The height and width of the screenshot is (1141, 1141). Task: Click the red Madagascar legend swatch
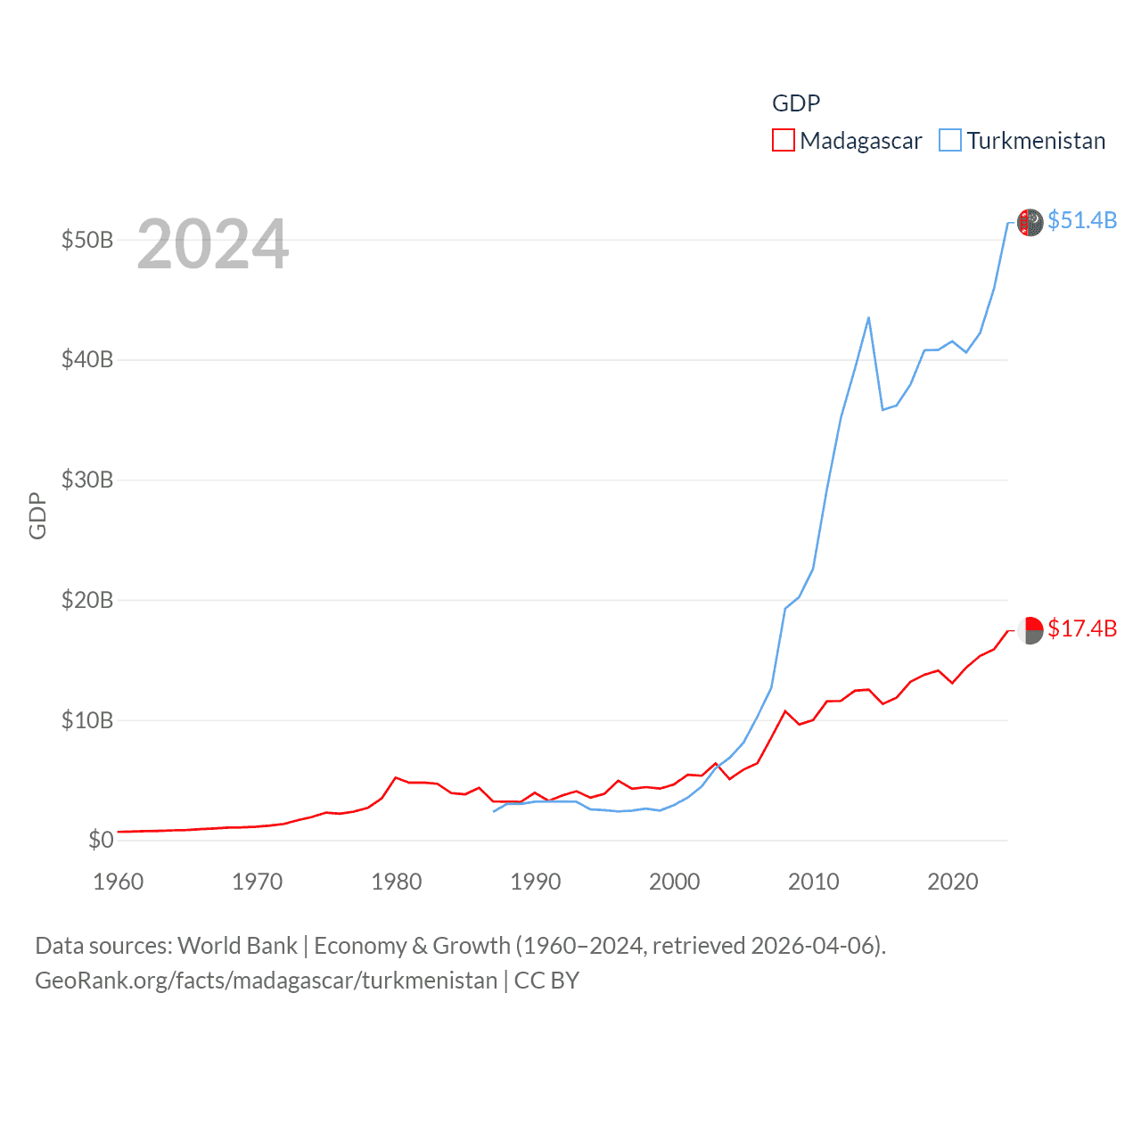click(x=783, y=141)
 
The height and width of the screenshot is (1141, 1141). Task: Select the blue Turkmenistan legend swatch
click(x=950, y=141)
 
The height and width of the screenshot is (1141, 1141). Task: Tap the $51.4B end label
click(x=1082, y=220)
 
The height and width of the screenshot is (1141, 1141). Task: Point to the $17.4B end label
click(x=1082, y=628)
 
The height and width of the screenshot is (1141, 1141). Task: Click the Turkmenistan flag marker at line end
click(x=1030, y=222)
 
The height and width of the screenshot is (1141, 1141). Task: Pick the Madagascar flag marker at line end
click(x=1030, y=630)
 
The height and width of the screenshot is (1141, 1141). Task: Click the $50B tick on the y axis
click(x=87, y=241)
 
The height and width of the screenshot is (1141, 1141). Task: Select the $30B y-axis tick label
click(x=87, y=480)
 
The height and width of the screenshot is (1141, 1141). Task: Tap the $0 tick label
click(x=101, y=840)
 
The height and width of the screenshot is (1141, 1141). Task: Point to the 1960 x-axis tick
click(x=119, y=882)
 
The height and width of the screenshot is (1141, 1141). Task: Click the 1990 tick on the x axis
click(x=536, y=882)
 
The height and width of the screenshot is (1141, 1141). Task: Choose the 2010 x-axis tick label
click(x=814, y=882)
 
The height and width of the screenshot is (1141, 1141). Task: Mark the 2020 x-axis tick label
click(x=953, y=882)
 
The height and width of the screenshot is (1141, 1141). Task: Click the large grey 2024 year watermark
click(x=213, y=243)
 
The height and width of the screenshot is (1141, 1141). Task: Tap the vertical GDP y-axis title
click(x=37, y=515)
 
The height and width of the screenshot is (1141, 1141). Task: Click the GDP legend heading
click(x=796, y=103)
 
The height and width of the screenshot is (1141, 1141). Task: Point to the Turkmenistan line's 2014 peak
click(x=868, y=317)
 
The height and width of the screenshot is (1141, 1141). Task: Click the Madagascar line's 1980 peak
click(x=396, y=777)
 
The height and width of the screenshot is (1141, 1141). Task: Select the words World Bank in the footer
click(x=238, y=946)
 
